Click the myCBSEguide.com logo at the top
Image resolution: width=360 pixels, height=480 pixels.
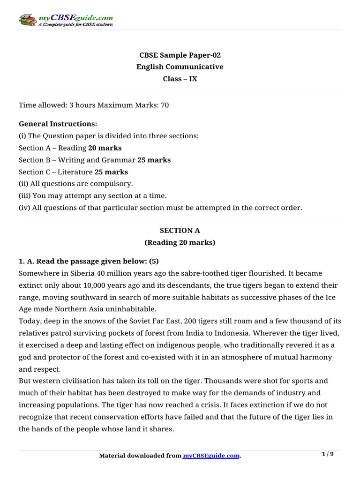coord(66,20)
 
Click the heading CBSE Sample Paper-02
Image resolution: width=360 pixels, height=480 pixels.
coord(180,55)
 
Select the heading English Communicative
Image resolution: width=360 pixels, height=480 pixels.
coord(180,67)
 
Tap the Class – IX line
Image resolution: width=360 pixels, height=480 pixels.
coord(180,79)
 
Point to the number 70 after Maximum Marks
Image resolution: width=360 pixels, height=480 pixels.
coord(165,105)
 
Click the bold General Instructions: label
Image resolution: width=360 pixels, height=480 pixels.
coord(58,124)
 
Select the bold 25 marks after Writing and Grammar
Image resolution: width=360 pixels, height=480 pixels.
coord(154,160)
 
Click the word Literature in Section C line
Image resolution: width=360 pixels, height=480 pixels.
coord(77,172)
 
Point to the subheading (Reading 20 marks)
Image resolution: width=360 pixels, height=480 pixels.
coord(180,242)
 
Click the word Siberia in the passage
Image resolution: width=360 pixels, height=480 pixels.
coord(73,273)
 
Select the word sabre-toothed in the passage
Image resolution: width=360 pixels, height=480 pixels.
coord(176,273)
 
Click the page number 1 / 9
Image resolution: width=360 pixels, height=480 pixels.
coord(328,454)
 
